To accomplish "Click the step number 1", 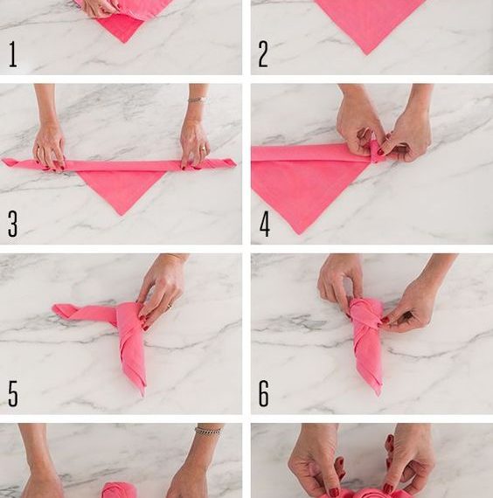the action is click(13, 54).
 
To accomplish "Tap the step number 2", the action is click(263, 54).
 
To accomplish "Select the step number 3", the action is click(12, 224).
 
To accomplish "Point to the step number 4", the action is click(265, 224).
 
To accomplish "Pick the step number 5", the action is click(13, 394).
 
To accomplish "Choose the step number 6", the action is click(263, 394).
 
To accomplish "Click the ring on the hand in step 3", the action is click(204, 148).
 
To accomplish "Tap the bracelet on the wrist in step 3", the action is click(198, 100).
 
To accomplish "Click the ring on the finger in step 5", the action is click(170, 306).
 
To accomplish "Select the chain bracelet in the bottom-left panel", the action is click(208, 431).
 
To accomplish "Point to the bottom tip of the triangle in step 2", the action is click(367, 55).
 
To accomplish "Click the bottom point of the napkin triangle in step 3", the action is click(122, 215).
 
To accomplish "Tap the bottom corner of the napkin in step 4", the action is click(299, 234).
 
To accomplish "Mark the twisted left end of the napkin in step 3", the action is click(9, 162).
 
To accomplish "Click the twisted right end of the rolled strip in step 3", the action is click(228, 163).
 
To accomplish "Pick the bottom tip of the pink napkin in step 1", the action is click(124, 42).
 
